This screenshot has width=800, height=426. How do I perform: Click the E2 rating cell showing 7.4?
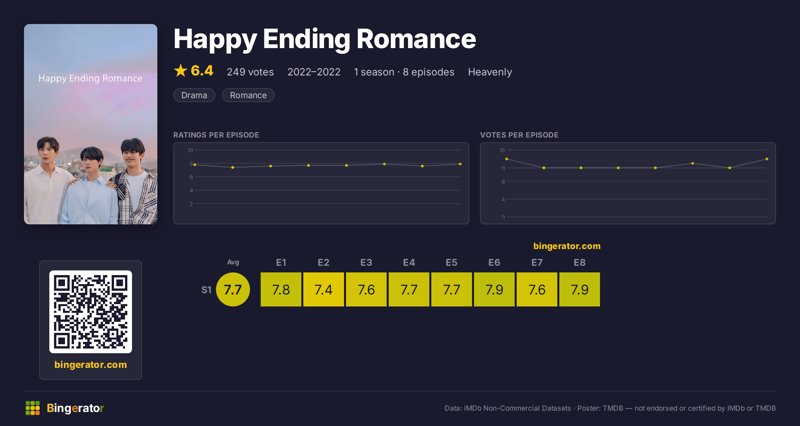[323, 289]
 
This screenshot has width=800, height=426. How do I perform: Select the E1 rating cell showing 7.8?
[281, 289]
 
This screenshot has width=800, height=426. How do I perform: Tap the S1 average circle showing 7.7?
[233, 289]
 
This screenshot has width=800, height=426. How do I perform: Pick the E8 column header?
[580, 262]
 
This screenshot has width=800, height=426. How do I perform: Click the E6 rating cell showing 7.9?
[494, 289]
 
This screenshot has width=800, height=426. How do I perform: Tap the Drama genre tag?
[194, 95]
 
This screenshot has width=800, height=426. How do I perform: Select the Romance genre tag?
[248, 95]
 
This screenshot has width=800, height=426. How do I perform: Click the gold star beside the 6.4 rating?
[181, 70]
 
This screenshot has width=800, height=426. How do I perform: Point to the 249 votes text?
[250, 72]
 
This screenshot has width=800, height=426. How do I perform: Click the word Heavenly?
[490, 72]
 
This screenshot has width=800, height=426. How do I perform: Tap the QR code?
[91, 312]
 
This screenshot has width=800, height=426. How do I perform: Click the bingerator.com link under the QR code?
[91, 365]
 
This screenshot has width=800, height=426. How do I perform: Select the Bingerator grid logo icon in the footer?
[33, 408]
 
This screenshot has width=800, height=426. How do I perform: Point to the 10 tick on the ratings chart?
[190, 150]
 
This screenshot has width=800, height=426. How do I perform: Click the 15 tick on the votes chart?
[502, 150]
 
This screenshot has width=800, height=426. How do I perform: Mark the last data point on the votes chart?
[767, 159]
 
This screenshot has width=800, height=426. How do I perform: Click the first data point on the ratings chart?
[195, 165]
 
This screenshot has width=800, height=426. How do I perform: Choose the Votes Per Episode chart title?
[519, 135]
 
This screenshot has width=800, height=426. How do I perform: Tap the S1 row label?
[206, 290]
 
